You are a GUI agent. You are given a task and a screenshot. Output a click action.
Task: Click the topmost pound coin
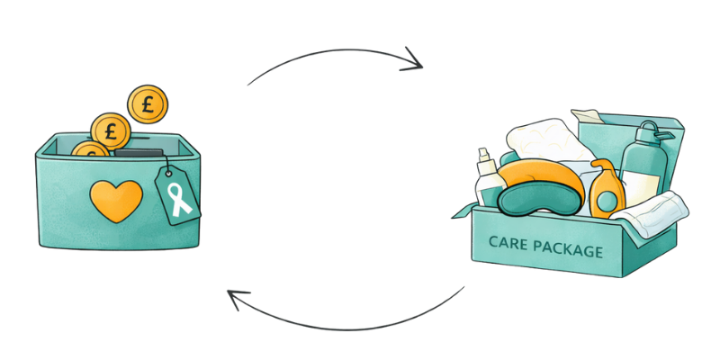[x=148, y=104]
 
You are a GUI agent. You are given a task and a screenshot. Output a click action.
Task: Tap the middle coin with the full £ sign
[x=111, y=131]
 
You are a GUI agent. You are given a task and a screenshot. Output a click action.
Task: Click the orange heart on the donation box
[x=118, y=200]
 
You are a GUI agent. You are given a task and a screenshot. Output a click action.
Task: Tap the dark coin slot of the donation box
[x=139, y=153]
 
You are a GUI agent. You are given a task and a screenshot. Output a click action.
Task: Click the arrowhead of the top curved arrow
[x=415, y=63]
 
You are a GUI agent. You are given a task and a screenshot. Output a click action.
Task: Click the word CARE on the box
[x=509, y=243]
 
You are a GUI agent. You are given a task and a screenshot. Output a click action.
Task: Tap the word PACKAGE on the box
[x=571, y=249]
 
